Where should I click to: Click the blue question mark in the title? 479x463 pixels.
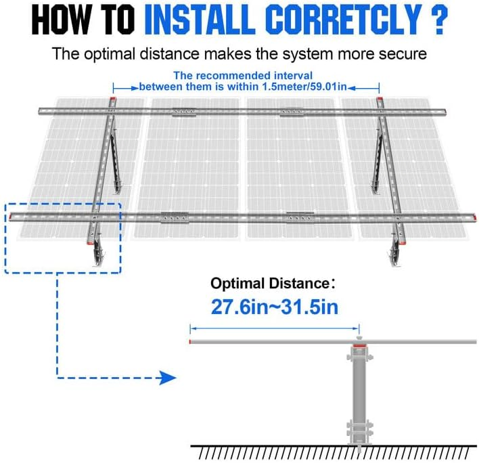439,21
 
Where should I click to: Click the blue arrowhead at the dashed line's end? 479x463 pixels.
168,377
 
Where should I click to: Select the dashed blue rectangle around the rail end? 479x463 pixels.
62,238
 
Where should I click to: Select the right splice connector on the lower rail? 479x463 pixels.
296,217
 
